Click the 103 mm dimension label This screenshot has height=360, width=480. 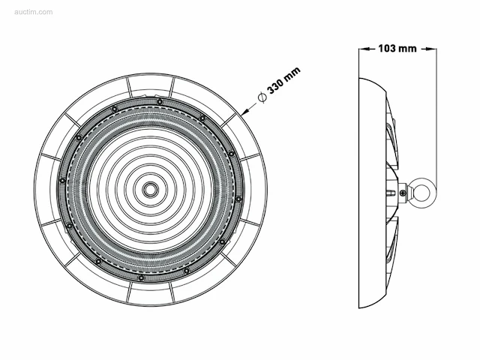397,48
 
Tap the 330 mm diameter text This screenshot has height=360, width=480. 283,80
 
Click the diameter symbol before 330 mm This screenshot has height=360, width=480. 262,97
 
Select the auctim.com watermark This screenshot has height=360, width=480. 33,12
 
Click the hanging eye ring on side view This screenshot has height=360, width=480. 421,192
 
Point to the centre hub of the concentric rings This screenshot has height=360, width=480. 150,190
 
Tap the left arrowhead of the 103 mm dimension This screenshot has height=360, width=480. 364,48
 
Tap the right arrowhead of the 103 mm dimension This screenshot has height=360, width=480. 432,48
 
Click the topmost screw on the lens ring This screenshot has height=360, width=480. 160,102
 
